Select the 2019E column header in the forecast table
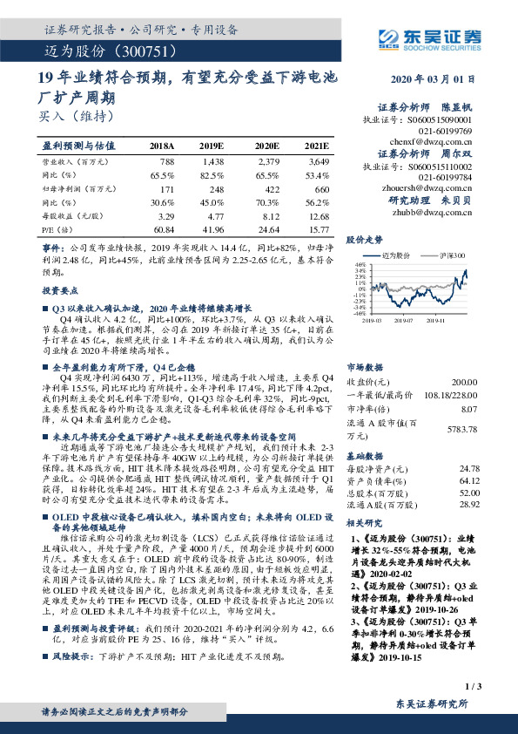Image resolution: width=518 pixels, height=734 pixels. [x=212, y=146]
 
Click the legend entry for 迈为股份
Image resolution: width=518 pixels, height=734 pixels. [x=403, y=255]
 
